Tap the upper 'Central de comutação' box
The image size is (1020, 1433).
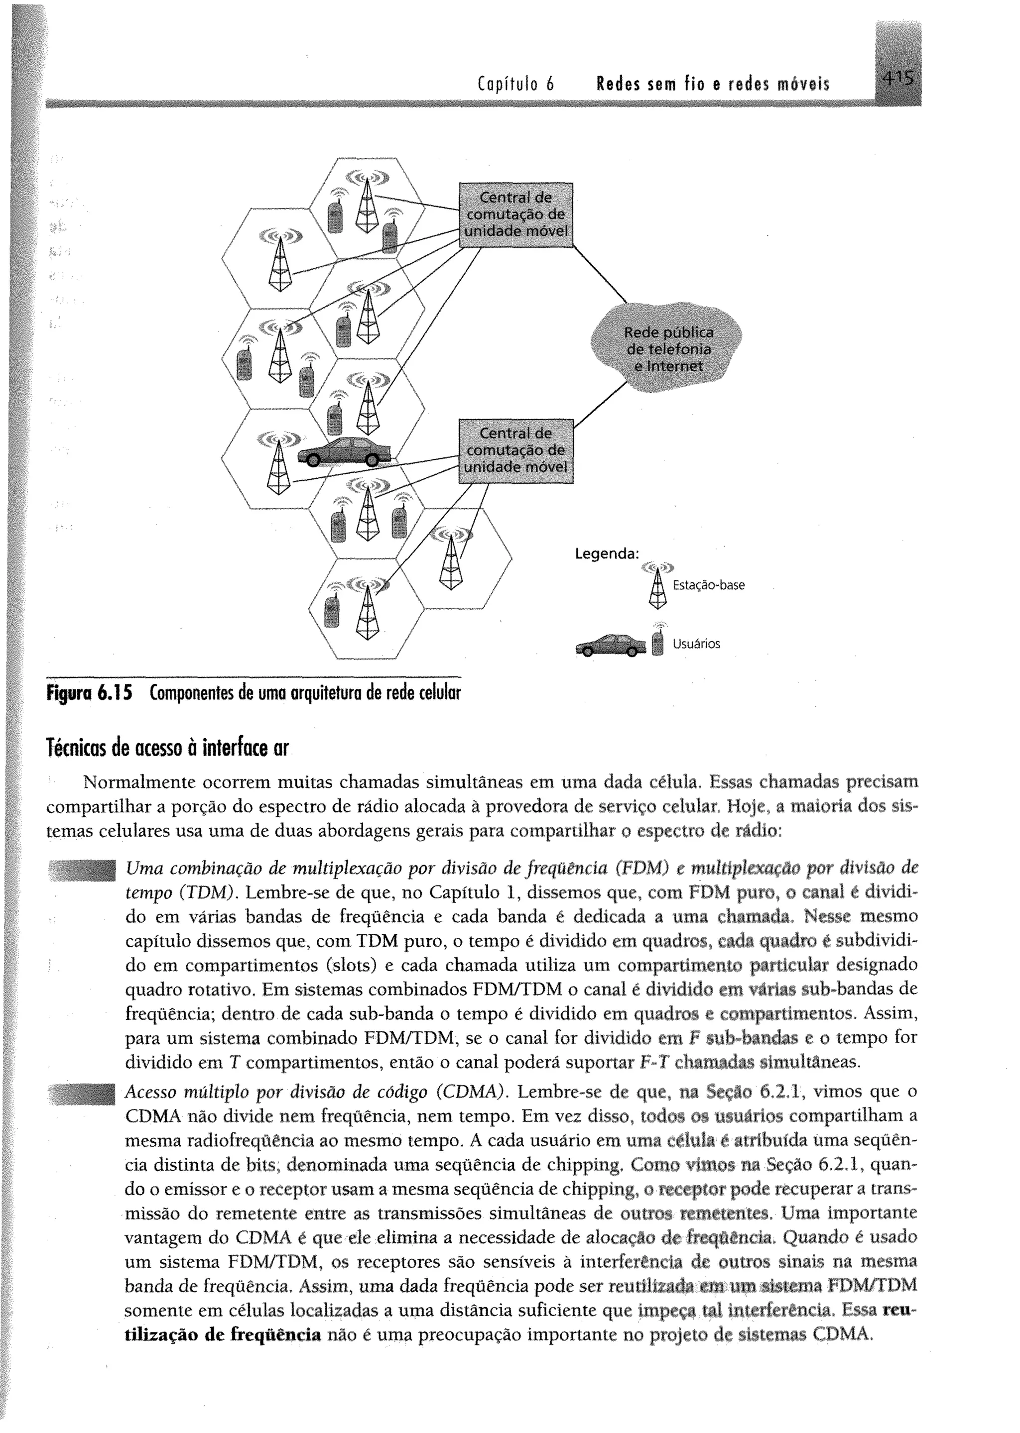point(516,215)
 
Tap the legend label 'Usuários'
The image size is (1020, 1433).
point(696,644)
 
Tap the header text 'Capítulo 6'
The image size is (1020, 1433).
point(514,83)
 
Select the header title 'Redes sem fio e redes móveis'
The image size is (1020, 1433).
point(713,83)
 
